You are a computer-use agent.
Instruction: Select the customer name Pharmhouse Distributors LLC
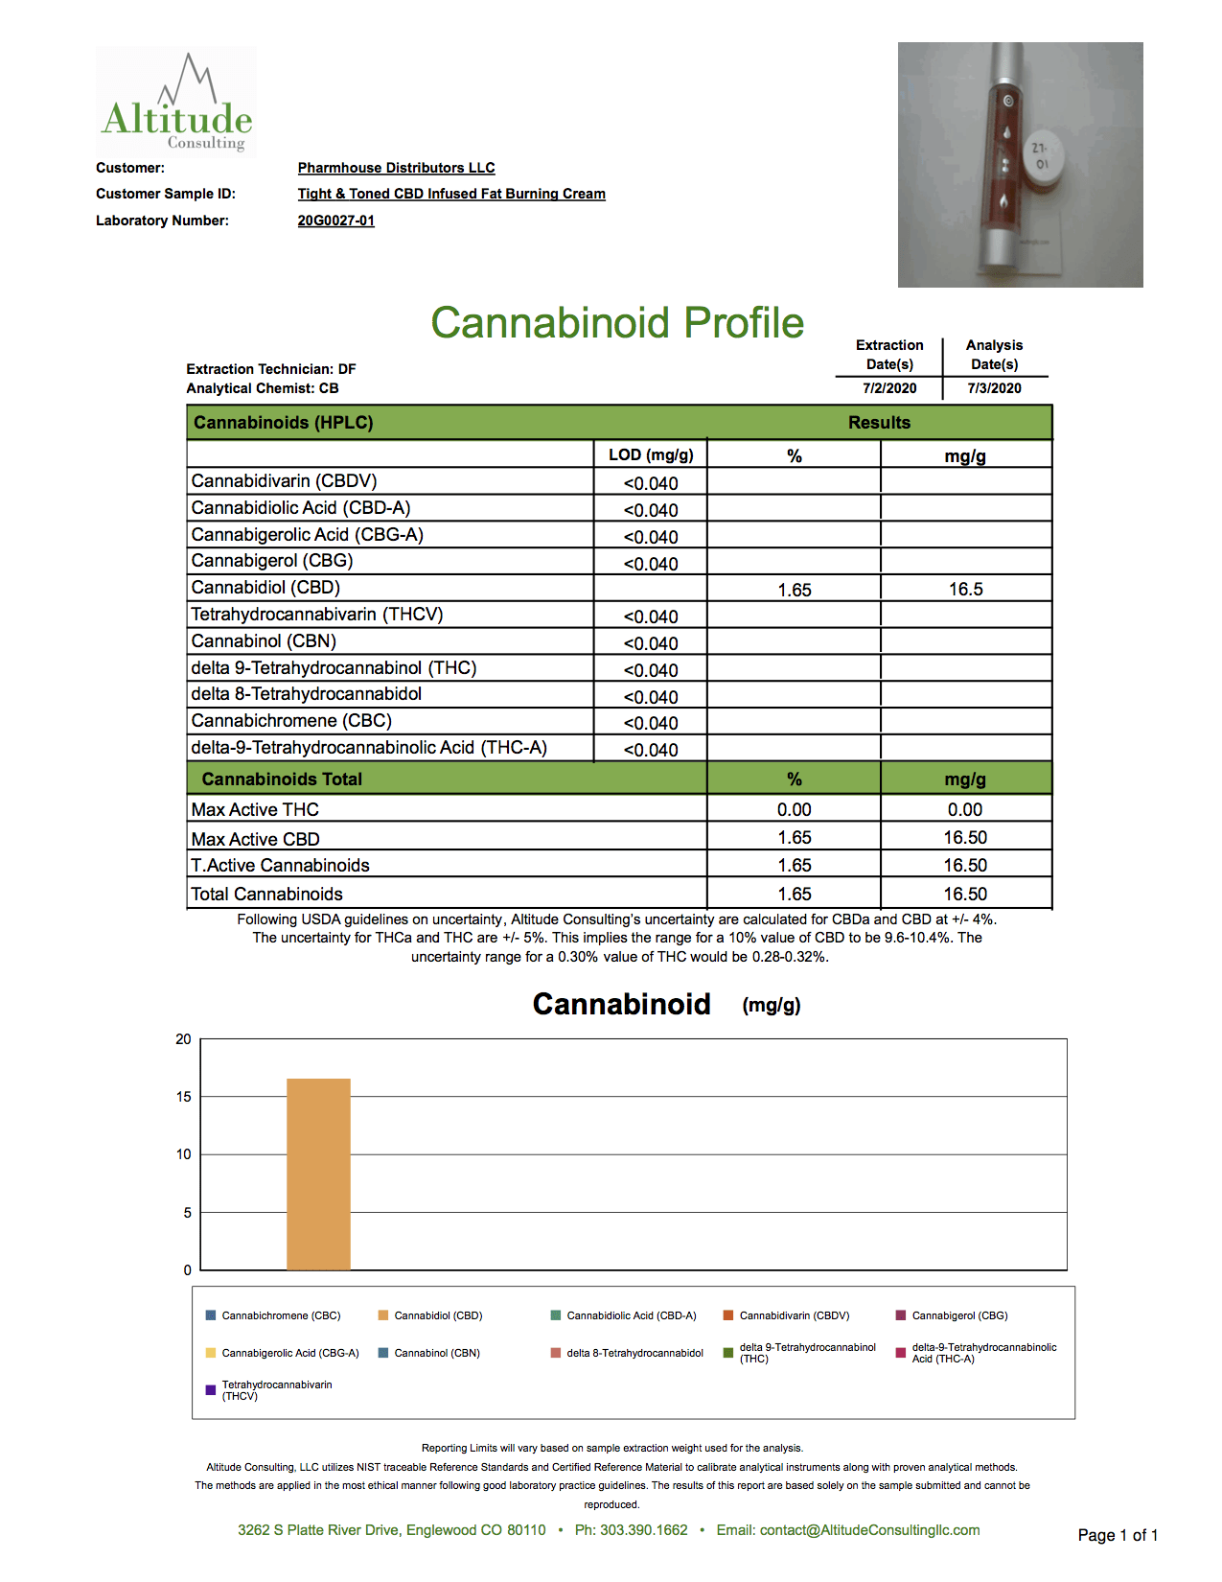396,168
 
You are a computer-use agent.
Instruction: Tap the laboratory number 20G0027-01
335,221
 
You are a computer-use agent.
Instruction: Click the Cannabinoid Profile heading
617,323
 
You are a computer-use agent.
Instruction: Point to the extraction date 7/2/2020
889,388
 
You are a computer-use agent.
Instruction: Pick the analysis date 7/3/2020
994,388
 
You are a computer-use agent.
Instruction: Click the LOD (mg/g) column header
651,454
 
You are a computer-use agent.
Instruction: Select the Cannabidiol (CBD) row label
265,588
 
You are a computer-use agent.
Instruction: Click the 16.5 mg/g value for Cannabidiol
965,590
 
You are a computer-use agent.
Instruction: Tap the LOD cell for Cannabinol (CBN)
651,643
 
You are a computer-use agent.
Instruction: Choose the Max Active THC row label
255,810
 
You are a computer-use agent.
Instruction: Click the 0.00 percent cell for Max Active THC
794,810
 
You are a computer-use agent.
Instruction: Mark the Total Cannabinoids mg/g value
965,895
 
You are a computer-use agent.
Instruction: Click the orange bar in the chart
318,1175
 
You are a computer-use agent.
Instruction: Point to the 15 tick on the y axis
184,1097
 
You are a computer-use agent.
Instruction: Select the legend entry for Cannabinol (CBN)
436,1353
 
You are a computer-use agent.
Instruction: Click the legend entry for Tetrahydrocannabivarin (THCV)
276,1390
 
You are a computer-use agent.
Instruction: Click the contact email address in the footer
869,1530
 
